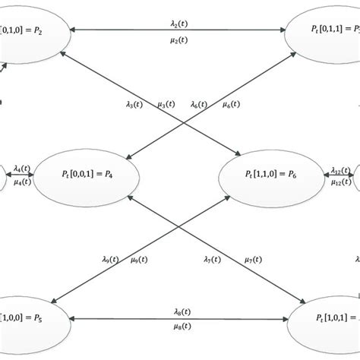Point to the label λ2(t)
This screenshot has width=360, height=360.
(x=181, y=23)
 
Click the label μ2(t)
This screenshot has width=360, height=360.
(x=181, y=40)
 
